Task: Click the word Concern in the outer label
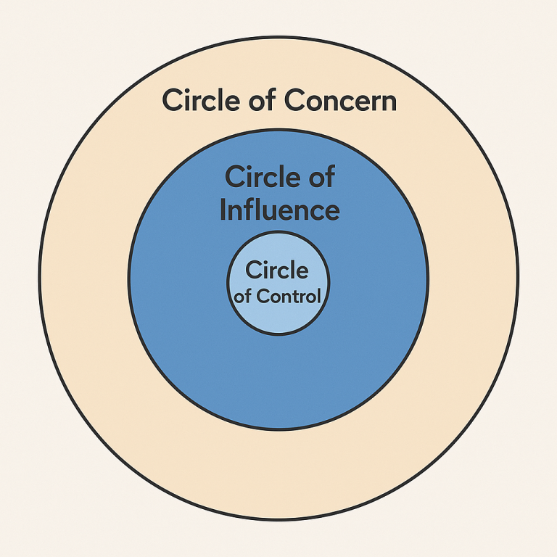pos(340,100)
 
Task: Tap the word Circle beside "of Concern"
pos(201,100)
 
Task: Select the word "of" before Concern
pos(262,100)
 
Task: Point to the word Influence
pos(280,210)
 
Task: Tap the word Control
pos(289,296)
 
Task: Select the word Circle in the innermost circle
pos(277,270)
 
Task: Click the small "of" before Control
pos(243,296)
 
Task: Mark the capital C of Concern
pos(295,100)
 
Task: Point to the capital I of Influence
pos(223,210)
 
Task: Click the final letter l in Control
pos(319,296)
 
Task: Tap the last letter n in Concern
pos(389,103)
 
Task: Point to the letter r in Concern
pos(374,103)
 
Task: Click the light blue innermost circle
pos(278,320)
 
